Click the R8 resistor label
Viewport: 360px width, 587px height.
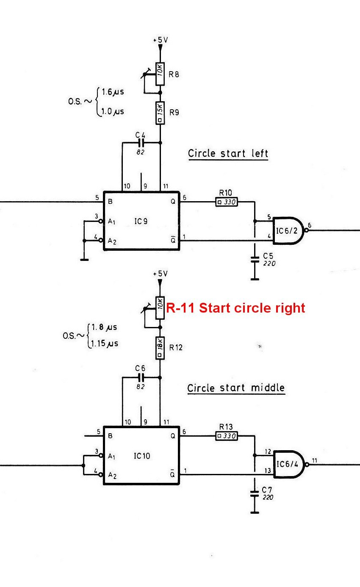point(174,75)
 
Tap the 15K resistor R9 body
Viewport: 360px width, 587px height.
point(160,113)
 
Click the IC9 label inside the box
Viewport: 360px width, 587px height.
point(141,222)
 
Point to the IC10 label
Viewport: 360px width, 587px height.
point(142,456)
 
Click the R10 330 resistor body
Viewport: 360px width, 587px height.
point(227,202)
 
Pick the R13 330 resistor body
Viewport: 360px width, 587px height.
point(227,436)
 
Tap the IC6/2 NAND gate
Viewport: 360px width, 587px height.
point(290,230)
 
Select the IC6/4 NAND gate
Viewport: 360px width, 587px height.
point(290,464)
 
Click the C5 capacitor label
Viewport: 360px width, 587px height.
point(268,256)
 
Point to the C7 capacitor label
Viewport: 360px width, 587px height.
point(267,490)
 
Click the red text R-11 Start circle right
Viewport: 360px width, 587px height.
point(235,307)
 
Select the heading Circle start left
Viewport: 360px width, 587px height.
point(228,153)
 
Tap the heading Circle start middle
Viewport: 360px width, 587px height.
point(236,388)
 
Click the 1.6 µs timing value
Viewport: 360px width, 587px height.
point(113,92)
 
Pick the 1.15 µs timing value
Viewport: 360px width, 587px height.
point(104,343)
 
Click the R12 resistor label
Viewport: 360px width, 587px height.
point(176,347)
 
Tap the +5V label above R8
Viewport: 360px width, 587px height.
point(161,40)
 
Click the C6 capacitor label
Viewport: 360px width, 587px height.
point(140,368)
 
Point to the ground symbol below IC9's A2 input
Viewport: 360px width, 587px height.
point(84,260)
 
